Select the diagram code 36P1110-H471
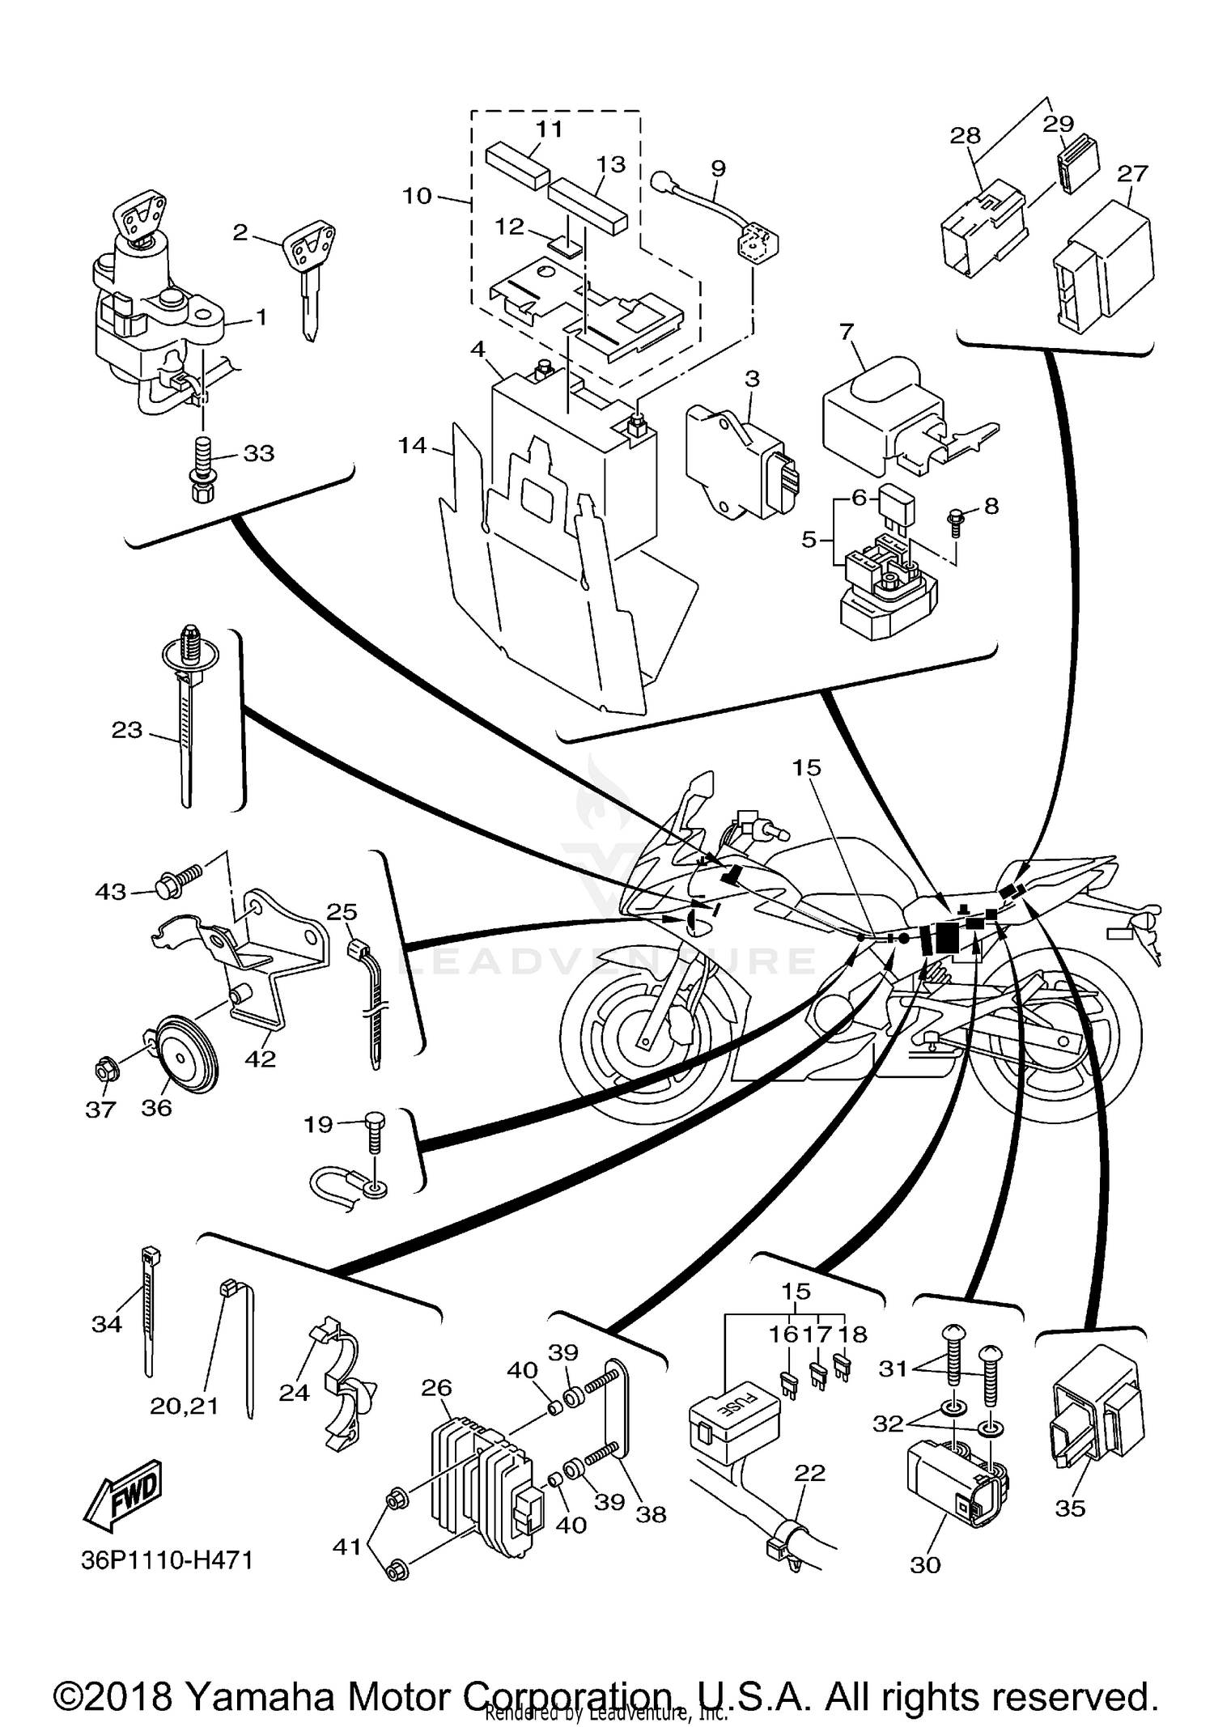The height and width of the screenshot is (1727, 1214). pos(168,1559)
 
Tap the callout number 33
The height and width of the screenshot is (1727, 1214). pos(259,453)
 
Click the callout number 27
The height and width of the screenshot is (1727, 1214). pos(1132,173)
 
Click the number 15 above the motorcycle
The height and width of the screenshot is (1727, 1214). pos(806,767)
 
